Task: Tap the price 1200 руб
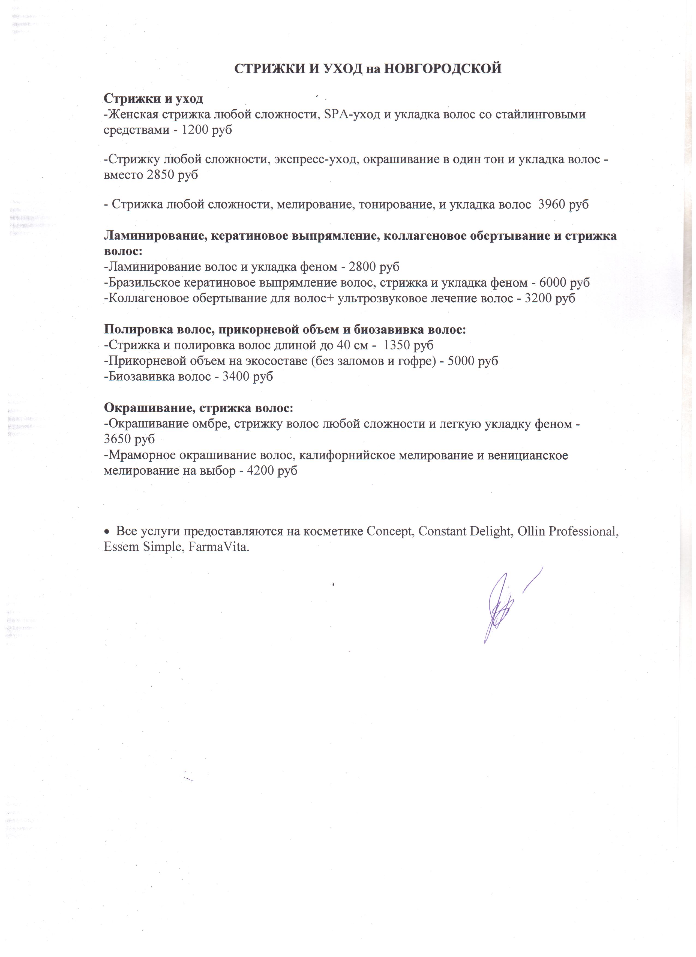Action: (x=206, y=130)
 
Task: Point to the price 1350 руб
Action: (x=409, y=345)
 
